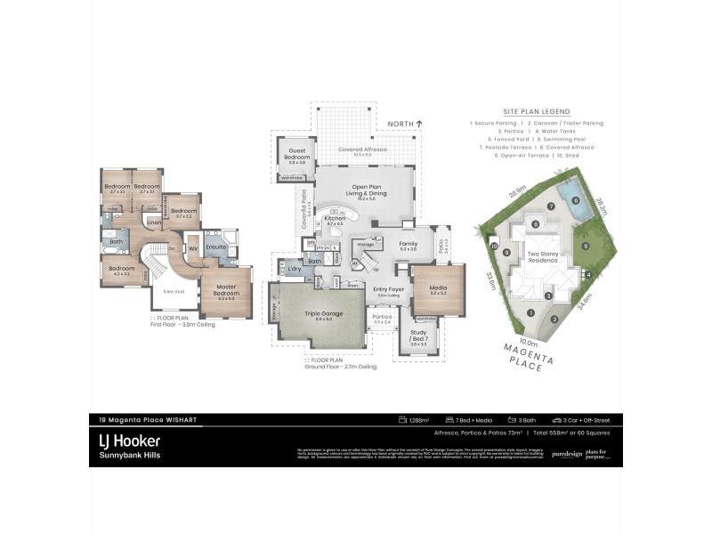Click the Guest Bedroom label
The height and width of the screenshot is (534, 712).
(x=296, y=154)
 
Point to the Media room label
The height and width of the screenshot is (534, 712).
(x=438, y=288)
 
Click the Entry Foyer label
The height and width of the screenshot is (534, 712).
(x=388, y=290)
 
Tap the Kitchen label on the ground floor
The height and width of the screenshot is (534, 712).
(x=335, y=218)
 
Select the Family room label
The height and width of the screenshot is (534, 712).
(x=409, y=244)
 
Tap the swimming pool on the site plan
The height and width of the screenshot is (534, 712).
(x=569, y=192)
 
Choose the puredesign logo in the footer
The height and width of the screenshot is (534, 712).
(x=566, y=454)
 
